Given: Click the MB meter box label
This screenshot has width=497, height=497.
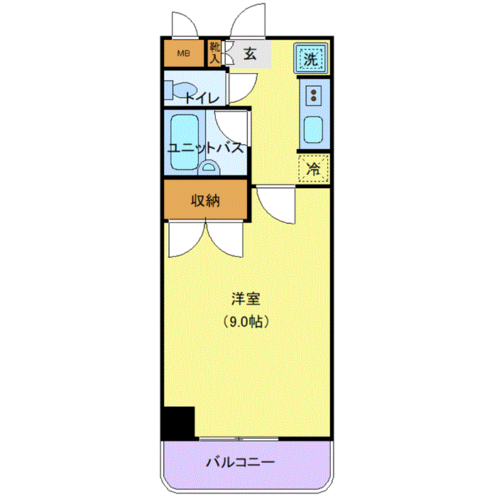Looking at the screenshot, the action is (x=183, y=53).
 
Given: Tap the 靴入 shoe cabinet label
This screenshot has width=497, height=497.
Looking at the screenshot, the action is (x=214, y=53).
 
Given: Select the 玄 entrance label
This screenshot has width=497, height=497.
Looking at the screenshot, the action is (x=250, y=54).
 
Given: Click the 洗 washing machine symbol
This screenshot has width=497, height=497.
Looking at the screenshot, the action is (x=310, y=59).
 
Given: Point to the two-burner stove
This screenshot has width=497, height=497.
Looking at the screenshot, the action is (x=314, y=95).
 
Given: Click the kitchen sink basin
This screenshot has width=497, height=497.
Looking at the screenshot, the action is (x=313, y=130).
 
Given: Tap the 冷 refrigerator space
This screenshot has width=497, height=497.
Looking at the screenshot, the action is (x=313, y=169).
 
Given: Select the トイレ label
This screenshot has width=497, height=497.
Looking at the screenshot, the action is (x=202, y=98).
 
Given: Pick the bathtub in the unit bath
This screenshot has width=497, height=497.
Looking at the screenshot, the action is (x=185, y=142).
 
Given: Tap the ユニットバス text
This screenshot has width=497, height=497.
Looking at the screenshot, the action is (x=206, y=148).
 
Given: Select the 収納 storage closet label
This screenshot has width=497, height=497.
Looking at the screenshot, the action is (x=205, y=200).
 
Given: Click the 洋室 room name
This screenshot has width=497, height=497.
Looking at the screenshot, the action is (x=246, y=299).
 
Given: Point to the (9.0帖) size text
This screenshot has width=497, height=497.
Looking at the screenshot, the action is (x=246, y=322).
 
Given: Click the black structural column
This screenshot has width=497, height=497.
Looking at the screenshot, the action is (x=178, y=423).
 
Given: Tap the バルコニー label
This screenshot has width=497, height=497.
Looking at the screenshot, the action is (x=240, y=462).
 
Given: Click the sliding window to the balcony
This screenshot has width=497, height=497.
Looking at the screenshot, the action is (x=239, y=439).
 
